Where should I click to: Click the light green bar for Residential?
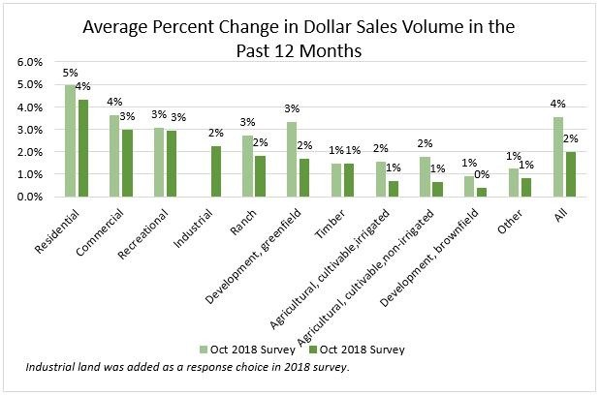click(x=70, y=140)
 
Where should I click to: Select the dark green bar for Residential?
click(x=82, y=148)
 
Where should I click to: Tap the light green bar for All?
click(x=559, y=157)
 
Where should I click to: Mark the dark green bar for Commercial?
click(x=128, y=163)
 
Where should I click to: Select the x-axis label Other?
click(x=523, y=219)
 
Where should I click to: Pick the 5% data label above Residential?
click(x=69, y=74)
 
